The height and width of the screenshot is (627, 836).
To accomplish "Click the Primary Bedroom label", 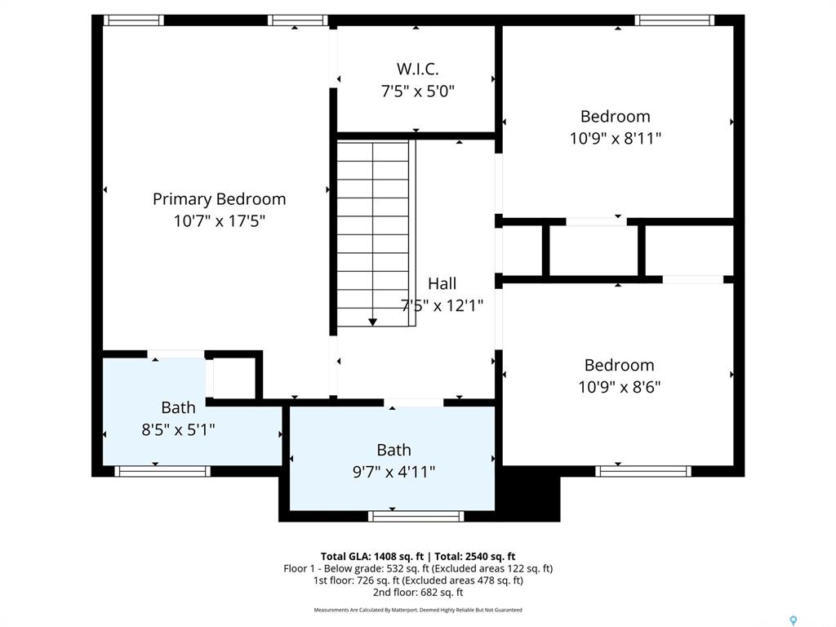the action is pos(219,199).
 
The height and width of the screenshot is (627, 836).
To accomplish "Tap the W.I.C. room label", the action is pos(417,69).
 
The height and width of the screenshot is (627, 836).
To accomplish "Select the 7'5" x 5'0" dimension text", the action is pos(417,91).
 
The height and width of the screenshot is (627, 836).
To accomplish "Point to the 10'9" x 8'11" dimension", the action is pos(616,139).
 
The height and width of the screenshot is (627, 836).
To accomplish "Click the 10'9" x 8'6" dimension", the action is pos(620,386).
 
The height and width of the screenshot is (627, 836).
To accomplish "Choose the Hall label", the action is pos(442,283).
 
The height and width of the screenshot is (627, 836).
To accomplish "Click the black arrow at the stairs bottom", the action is pos(372,322).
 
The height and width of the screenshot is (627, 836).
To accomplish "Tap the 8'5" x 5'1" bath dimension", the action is pos(178,429).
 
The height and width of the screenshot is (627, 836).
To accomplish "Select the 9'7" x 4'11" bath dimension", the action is pos(394,472).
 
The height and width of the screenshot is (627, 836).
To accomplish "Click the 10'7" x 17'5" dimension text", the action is pos(219,220).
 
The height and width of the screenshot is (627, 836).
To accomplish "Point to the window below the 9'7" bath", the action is pos(416,516).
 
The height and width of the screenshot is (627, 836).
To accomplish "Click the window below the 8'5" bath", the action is pos(162,471).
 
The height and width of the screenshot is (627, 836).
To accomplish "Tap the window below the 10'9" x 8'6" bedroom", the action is pos(643,471).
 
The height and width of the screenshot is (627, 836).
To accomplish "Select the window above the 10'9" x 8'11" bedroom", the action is pos(674,20).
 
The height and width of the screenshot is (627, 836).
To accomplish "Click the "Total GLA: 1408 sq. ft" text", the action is pos(371,557).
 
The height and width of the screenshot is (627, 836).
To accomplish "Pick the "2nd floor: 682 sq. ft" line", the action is pos(418,593).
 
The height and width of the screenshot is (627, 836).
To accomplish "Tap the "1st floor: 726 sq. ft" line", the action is pos(418,580).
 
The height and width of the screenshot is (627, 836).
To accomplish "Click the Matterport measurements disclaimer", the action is pos(418,610).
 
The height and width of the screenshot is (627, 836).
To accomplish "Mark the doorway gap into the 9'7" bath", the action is pos(414,402).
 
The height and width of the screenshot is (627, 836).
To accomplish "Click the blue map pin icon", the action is pos(794,620).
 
